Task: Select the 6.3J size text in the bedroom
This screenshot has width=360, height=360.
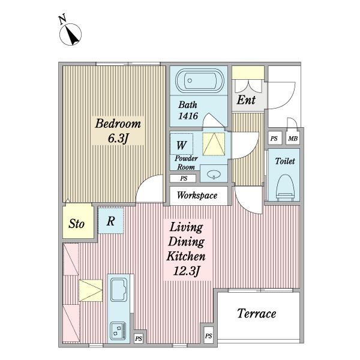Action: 118,139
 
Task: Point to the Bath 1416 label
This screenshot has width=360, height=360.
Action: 188,110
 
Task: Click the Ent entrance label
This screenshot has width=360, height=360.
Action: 245,100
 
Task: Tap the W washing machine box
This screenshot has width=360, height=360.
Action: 181,145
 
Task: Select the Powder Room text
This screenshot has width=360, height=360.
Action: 185,163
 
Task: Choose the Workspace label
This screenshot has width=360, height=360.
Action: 197,196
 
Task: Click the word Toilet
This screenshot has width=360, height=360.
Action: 284,161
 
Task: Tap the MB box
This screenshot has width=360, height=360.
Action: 293,139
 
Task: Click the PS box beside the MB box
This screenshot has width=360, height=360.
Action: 274,139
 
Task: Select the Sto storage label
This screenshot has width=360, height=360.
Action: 76,224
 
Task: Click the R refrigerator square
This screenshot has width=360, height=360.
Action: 111,220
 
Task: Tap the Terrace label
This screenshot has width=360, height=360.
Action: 256,313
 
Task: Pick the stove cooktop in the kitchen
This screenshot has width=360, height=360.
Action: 116,329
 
